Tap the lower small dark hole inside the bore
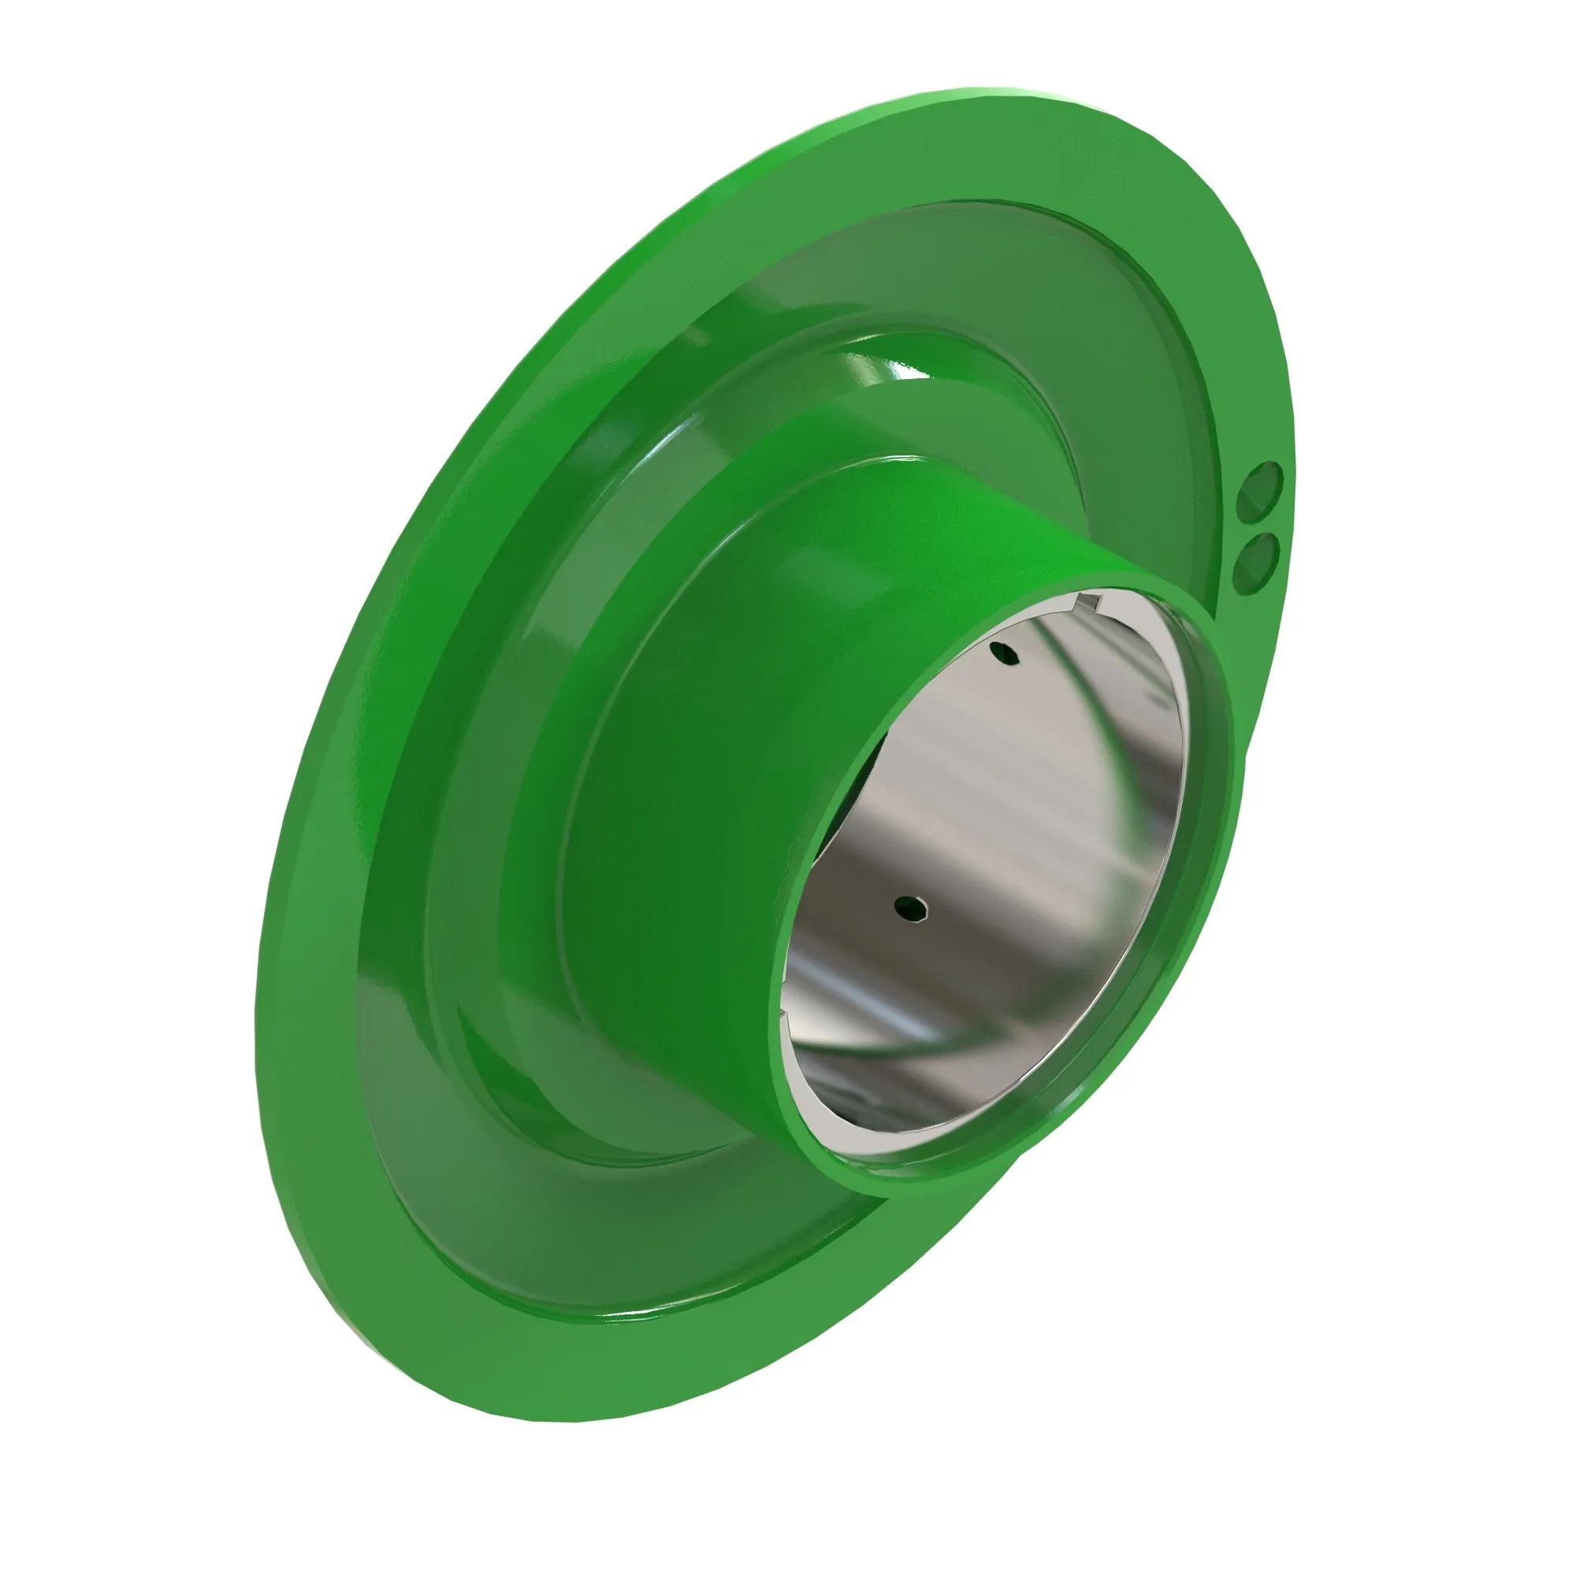point(910,908)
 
